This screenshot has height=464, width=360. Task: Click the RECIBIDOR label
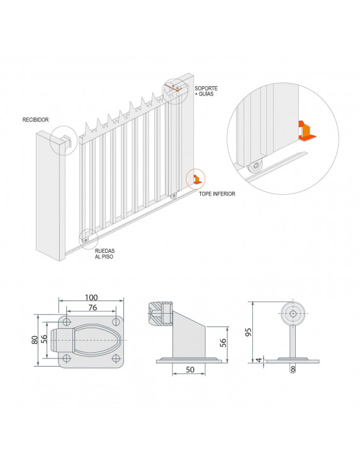(x=35, y=120)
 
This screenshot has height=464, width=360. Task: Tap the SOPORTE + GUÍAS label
(x=206, y=91)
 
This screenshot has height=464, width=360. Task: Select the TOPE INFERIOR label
(x=217, y=194)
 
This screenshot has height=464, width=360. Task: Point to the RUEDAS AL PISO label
(x=104, y=253)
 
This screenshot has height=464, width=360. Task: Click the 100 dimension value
(x=91, y=297)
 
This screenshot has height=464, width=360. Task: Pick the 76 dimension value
(x=93, y=307)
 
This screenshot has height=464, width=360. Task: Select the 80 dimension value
(x=35, y=340)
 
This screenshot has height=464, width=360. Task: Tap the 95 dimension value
(x=249, y=332)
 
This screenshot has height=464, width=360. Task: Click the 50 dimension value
(x=190, y=369)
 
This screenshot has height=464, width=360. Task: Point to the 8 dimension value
(x=293, y=368)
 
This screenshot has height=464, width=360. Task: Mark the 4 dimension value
(x=259, y=360)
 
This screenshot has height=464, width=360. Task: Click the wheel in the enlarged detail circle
(x=255, y=167)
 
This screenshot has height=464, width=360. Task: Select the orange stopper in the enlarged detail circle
(x=307, y=131)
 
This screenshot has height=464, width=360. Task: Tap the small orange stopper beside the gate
(x=197, y=180)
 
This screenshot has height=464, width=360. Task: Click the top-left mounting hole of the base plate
(x=67, y=322)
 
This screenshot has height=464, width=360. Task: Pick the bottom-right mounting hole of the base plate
(x=116, y=358)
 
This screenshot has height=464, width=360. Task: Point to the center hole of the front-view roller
(x=293, y=314)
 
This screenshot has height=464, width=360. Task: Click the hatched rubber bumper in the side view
(x=160, y=314)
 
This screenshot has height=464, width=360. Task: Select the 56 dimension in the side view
(x=223, y=343)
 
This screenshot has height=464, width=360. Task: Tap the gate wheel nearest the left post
(x=86, y=240)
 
